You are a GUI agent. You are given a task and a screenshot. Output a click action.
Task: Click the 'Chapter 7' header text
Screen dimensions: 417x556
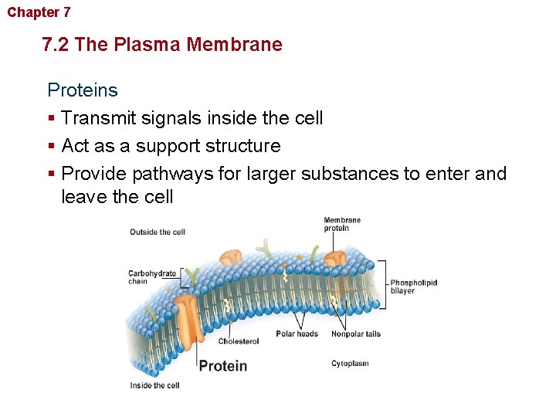39,12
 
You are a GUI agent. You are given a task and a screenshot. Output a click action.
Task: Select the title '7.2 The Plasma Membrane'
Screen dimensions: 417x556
162,44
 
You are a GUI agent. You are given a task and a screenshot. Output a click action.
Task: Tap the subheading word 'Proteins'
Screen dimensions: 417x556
83,90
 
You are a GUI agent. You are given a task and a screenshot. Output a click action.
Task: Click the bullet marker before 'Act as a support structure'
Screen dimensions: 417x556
51,147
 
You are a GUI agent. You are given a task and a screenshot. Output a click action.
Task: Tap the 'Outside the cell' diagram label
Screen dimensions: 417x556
158,232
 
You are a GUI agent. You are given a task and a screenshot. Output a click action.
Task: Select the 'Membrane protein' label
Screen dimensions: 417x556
342,224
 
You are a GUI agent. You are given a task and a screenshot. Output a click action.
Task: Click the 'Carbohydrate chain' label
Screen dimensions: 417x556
152,277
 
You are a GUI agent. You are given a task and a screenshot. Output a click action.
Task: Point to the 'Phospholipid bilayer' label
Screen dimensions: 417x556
413,286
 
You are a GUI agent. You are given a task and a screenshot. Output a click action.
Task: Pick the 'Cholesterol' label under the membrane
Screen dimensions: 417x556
239,341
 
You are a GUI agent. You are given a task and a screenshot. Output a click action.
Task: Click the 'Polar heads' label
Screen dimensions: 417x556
297,334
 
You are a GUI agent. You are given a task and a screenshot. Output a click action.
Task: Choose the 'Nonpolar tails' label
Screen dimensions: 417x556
355,334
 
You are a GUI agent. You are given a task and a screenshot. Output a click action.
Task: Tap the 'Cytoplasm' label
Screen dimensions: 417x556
350,364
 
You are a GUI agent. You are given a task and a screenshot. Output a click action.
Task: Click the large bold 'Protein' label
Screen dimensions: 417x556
223,366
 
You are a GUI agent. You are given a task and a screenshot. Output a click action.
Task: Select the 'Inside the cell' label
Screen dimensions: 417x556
154,385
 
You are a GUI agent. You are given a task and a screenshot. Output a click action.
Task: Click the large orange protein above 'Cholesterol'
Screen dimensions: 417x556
188,317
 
